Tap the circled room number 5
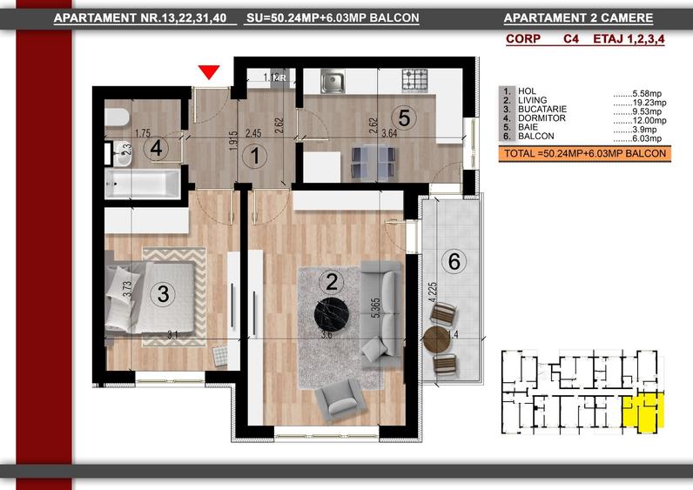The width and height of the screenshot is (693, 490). [404, 118]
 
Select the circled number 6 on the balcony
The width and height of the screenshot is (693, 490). [454, 261]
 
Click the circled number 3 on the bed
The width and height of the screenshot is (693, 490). [163, 293]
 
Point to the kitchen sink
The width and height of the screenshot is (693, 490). [333, 82]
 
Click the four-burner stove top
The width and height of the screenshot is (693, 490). [414, 81]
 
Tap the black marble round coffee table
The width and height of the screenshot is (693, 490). [332, 315]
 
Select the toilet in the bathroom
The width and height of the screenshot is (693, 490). [118, 118]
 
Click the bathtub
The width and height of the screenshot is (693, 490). [142, 184]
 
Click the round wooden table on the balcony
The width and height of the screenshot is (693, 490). [436, 339]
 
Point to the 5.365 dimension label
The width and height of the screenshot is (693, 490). [376, 308]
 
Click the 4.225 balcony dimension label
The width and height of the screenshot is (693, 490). [434, 292]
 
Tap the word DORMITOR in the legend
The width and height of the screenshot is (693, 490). [542, 118]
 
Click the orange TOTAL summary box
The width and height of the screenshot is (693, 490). [585, 154]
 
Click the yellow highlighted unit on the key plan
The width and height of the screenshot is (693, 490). [643, 413]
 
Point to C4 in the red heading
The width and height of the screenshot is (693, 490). [570, 39]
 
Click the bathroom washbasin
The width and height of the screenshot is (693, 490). [122, 154]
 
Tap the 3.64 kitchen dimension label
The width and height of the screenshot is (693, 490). [389, 133]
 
